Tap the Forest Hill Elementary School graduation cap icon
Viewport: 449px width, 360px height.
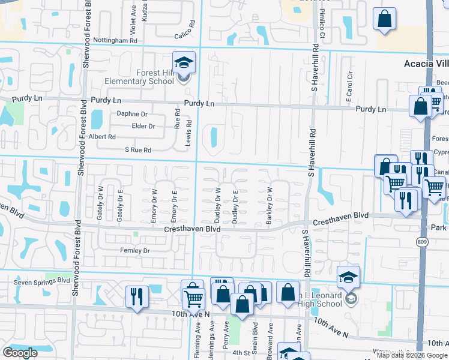pos(184,62)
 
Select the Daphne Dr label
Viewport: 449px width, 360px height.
pos(132,113)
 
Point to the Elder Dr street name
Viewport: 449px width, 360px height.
pos(143,126)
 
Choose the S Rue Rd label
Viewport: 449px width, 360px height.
pos(137,149)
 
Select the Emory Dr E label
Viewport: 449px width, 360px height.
pos(173,205)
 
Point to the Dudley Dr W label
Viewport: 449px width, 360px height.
pos(218,205)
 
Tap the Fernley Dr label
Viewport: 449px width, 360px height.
pos(134,250)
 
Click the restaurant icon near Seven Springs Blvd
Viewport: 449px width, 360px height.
pos(136,297)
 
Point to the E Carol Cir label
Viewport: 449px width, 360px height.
pos(349,88)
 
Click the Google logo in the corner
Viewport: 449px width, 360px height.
pos(20,352)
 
